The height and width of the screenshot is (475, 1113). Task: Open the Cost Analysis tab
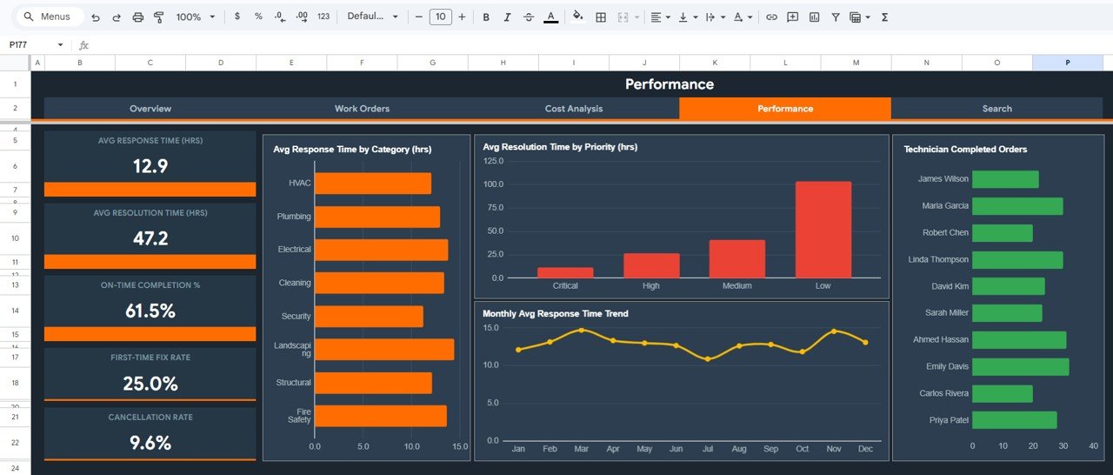coord(573,109)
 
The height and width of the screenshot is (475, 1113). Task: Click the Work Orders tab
coord(362,109)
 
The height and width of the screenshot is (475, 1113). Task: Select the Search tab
coord(996,109)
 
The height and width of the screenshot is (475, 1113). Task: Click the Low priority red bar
coord(823,230)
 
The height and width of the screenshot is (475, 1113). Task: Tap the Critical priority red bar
coord(565,272)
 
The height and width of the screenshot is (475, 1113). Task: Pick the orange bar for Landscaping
coord(383,349)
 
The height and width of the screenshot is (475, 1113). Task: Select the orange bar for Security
coord(369,316)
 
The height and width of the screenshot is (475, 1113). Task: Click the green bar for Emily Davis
coord(1020,366)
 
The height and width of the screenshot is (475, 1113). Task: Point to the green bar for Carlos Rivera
coord(1002,393)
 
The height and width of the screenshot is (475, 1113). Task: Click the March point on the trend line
coord(581,331)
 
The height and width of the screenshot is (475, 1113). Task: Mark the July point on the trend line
coord(707,358)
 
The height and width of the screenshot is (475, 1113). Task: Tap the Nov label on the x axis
coord(834,449)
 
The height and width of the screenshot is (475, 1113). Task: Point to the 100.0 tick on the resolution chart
coord(493,184)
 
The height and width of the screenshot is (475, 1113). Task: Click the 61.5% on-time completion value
coord(150,311)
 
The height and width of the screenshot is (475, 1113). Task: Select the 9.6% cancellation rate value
coord(150,443)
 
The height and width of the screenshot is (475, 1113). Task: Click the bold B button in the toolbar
coord(486,17)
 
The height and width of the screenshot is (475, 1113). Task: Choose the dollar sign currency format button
coord(237,17)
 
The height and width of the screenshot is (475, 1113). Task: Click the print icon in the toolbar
coord(138,17)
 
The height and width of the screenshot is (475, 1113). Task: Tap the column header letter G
coord(432,63)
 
